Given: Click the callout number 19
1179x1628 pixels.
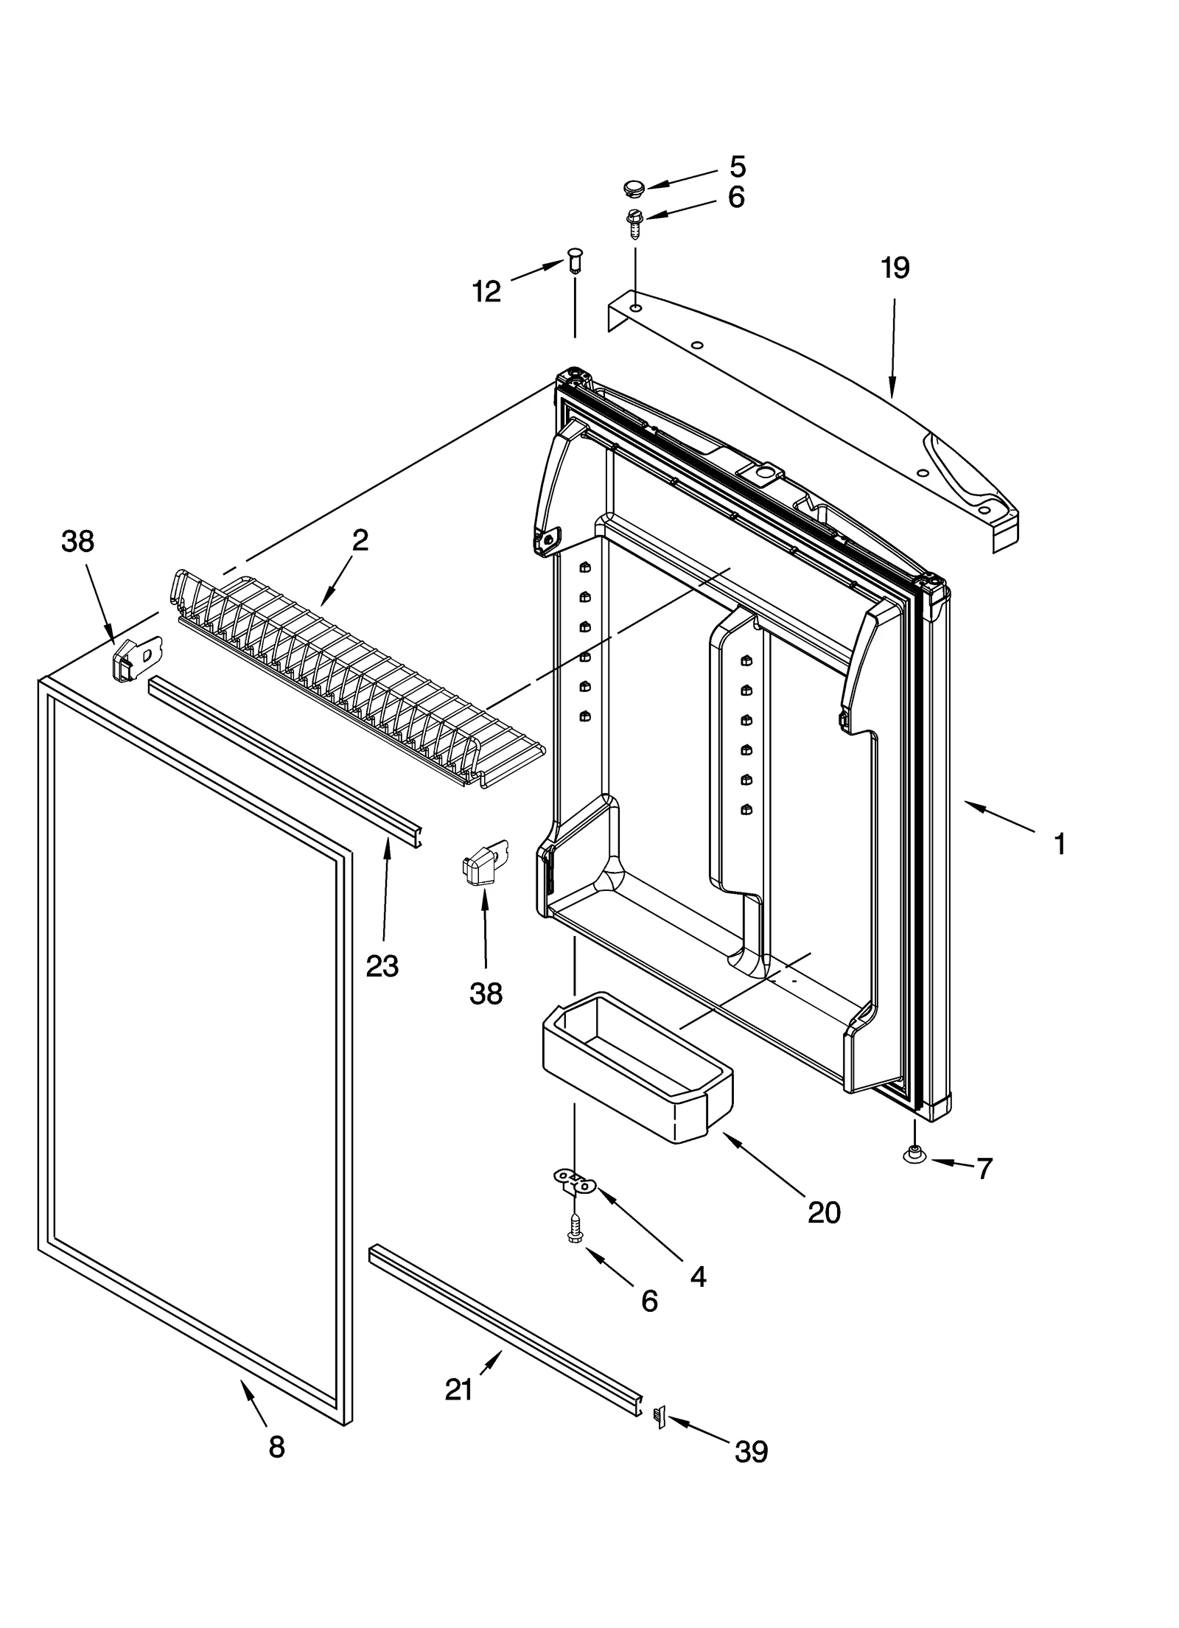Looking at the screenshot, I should coord(895,268).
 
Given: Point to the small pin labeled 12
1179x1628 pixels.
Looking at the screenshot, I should coord(575,261).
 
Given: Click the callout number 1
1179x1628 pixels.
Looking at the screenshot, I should coord(1060,844).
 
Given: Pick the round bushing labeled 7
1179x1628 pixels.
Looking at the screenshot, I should coord(914,1155).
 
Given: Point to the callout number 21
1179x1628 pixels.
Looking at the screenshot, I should coord(458,1390).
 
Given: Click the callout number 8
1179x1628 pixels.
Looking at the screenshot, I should coord(276,1447).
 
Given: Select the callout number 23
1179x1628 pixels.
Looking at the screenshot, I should coord(382,965).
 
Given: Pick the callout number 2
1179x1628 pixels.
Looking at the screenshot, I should coord(360,541).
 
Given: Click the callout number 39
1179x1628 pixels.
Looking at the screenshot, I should coord(751,1451).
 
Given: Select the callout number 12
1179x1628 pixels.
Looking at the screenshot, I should coord(486,292).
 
